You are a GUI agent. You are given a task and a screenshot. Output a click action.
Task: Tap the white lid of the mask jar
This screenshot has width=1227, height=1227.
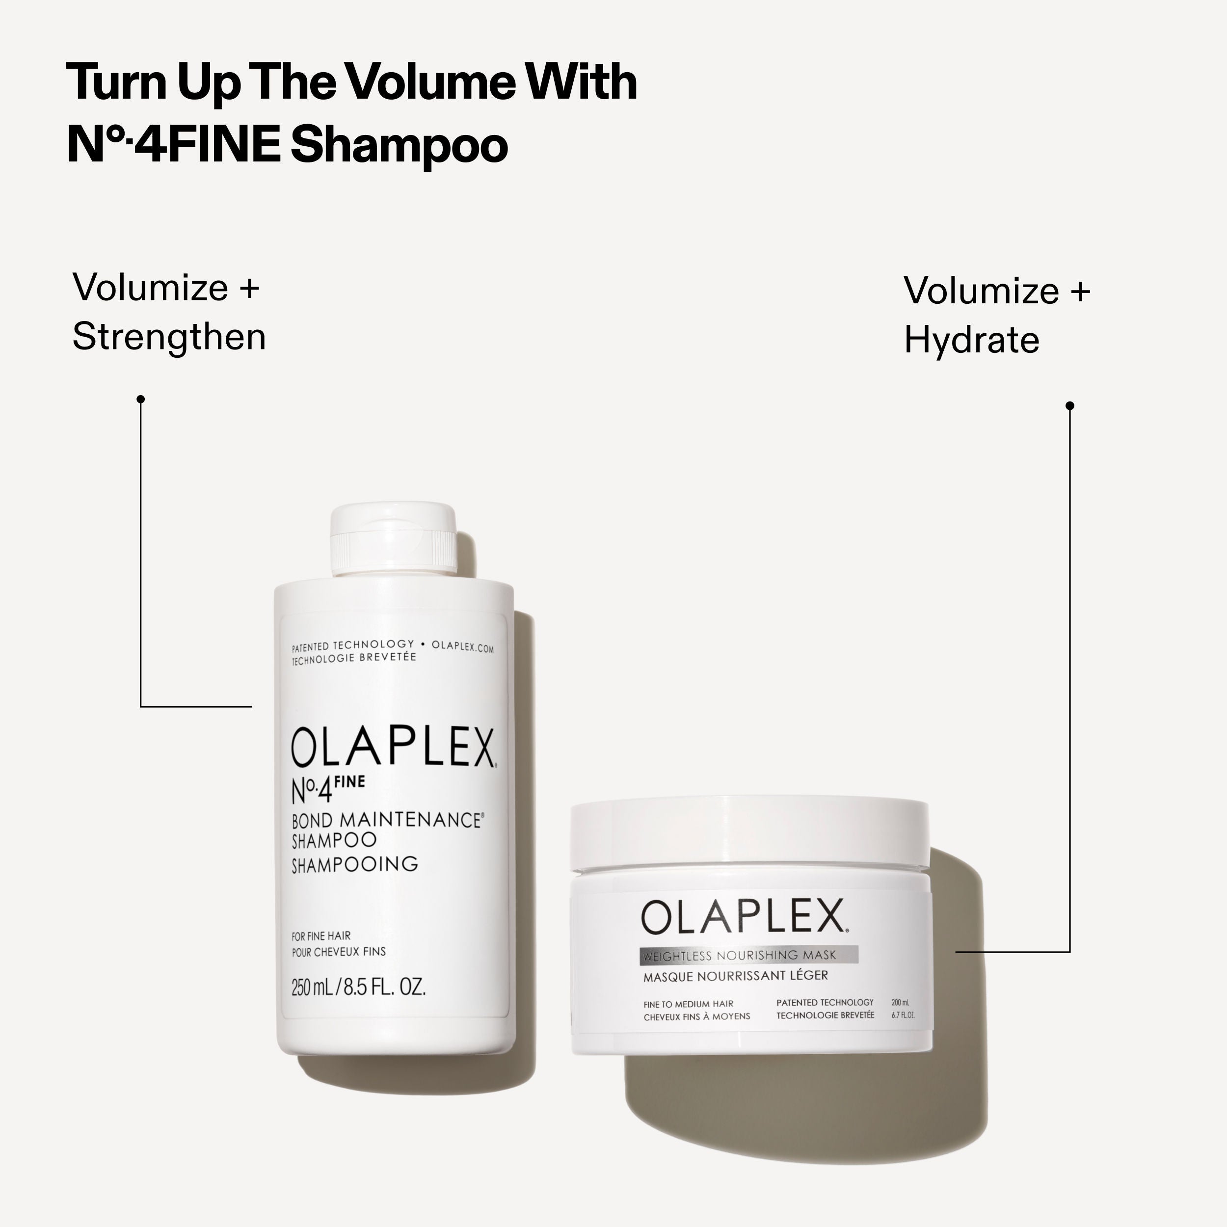click(749, 832)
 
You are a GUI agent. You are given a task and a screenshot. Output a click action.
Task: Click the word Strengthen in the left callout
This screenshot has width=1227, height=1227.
click(169, 337)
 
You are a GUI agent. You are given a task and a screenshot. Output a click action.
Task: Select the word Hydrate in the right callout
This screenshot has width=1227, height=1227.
click(971, 341)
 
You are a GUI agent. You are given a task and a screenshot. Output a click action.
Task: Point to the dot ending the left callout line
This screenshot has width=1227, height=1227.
click(141, 399)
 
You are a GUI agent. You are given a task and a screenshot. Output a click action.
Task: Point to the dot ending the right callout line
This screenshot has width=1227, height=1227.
click(1069, 405)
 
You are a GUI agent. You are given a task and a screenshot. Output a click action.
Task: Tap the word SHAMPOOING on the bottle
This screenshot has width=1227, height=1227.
click(354, 864)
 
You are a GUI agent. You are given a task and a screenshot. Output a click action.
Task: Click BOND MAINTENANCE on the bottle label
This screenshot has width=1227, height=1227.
click(386, 820)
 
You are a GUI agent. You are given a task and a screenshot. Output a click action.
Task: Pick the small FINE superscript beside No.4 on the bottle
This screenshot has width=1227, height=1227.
click(349, 782)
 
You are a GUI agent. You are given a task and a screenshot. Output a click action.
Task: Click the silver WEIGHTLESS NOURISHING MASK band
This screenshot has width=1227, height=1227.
click(749, 955)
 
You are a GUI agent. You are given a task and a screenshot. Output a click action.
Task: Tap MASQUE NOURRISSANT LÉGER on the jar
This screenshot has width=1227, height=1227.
click(735, 976)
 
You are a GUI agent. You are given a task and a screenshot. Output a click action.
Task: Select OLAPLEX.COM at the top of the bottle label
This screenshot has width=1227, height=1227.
click(462, 647)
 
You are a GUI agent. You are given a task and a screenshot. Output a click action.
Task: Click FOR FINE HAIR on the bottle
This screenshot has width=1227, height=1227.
click(320, 936)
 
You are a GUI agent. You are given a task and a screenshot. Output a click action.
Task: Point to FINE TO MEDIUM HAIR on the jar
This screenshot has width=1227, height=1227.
click(688, 1004)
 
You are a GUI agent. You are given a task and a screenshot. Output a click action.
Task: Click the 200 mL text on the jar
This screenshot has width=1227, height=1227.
click(900, 1003)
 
